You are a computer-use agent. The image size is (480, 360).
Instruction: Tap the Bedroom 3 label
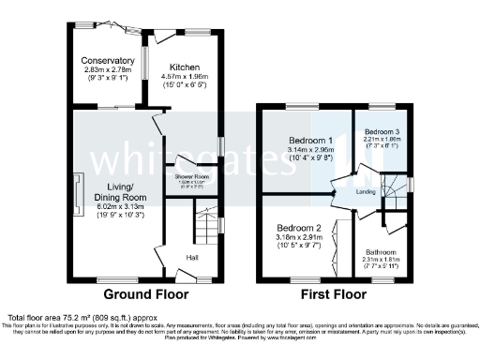point(382,131)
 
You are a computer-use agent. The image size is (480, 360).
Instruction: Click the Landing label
point(368,192)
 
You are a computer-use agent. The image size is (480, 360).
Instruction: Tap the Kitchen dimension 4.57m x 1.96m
point(189,77)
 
